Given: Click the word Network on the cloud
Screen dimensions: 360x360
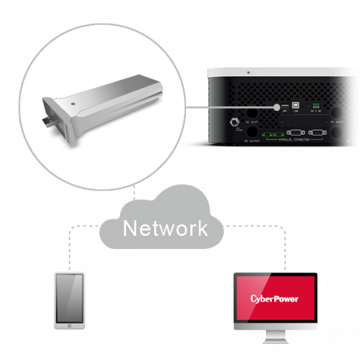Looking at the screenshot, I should pos(165,228).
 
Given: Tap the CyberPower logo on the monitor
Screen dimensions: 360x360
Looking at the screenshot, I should pos(274,299).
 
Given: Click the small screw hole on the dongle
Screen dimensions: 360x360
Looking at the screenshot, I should pos(73,104).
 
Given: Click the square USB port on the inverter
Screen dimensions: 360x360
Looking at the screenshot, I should pos(296,105).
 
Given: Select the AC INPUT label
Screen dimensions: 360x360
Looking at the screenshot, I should pos(252,122).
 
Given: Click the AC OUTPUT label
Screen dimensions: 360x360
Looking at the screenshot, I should pos(252,141).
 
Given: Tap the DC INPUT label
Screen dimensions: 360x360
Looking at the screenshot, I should pos(352,141).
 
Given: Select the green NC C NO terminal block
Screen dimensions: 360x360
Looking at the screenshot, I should pos(316,105).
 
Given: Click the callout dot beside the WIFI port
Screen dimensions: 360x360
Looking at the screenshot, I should pos(276,108).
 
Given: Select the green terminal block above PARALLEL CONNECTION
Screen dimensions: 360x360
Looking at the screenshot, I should pos(273,133).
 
